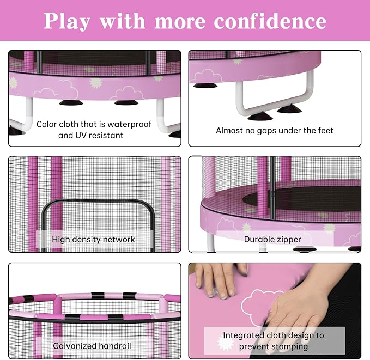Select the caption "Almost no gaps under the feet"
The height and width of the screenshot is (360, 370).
(x=274, y=130)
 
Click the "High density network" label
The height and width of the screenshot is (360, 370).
(x=93, y=239)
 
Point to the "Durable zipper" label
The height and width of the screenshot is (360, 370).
(x=272, y=239)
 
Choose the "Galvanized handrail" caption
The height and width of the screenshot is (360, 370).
(x=92, y=346)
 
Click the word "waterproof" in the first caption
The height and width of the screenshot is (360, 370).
(x=129, y=124)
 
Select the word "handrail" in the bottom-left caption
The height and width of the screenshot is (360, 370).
(x=114, y=346)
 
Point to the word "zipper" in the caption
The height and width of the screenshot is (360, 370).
(x=288, y=239)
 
